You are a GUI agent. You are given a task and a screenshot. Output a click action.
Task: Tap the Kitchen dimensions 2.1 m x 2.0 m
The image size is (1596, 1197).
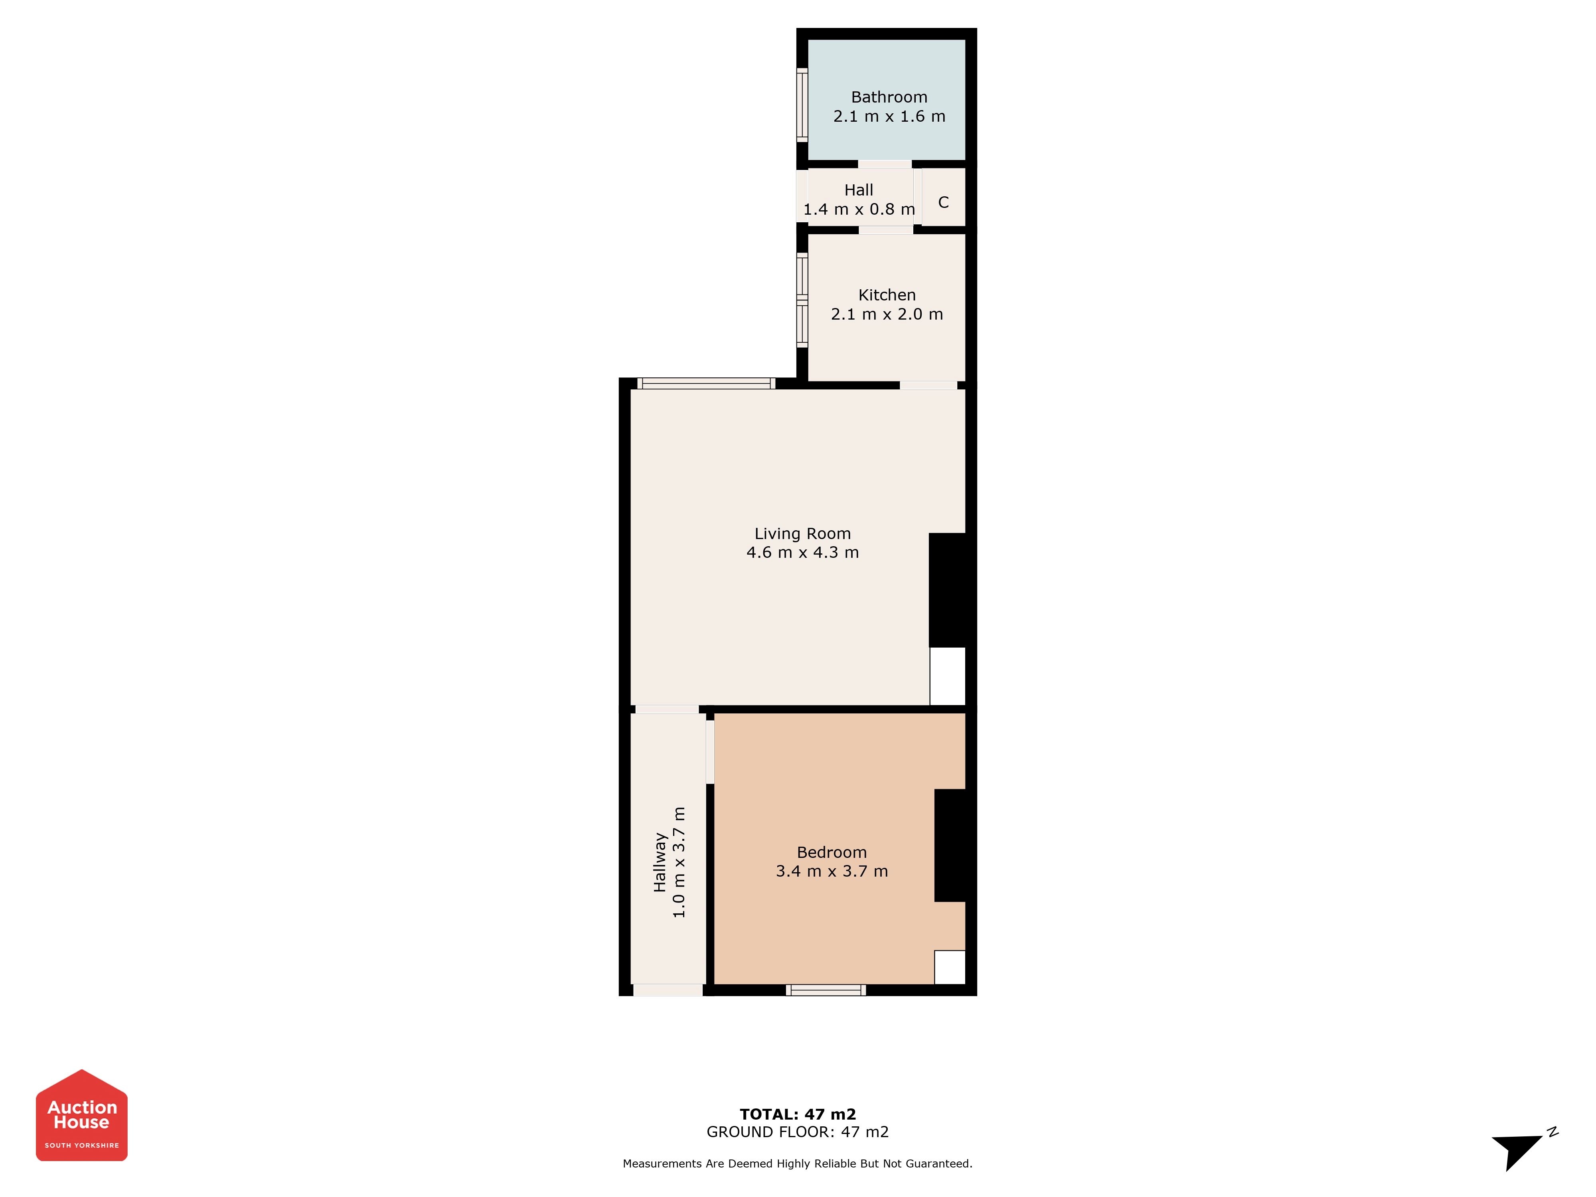[887, 314]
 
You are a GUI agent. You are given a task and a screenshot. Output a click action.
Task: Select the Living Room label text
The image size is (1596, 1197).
[802, 534]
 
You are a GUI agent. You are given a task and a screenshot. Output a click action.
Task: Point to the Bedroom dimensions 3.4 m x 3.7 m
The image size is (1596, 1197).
[832, 871]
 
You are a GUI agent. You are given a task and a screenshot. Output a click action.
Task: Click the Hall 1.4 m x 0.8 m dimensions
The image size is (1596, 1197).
[859, 209]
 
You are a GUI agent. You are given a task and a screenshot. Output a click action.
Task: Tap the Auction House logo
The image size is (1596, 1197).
[81, 1115]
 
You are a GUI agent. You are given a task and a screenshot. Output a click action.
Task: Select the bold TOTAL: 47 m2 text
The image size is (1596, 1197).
[798, 1114]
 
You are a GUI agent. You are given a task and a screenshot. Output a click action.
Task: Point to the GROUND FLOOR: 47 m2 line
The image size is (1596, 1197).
[798, 1132]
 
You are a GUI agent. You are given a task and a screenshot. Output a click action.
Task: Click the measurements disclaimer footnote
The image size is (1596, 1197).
[798, 1163]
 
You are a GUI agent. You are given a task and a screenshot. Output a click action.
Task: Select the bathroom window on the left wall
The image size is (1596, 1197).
[802, 105]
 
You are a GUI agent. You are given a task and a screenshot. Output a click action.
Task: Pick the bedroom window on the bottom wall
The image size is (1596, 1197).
[826, 990]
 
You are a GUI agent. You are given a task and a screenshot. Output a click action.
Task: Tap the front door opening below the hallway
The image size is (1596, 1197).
[668, 990]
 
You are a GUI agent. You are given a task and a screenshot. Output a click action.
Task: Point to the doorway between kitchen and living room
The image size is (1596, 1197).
[928, 385]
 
